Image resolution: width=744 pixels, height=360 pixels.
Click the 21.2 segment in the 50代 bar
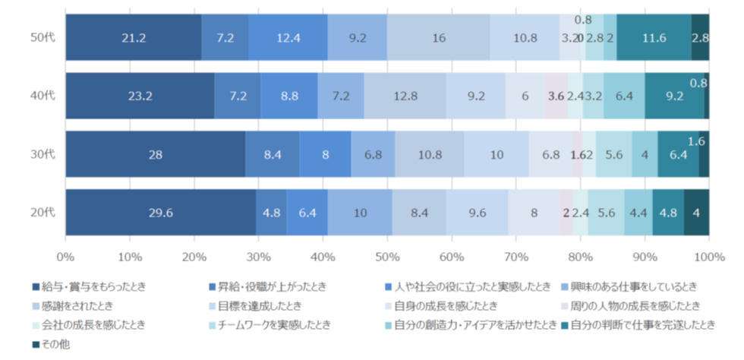coord(134,36)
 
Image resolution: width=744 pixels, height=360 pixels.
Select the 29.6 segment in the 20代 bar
coord(160,213)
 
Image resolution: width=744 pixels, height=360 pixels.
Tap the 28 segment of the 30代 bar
coord(155,154)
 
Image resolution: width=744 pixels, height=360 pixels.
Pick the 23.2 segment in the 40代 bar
coord(140,96)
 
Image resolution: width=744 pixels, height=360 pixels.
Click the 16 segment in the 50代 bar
coord(438,36)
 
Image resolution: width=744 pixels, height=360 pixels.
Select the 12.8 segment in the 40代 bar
coord(405,96)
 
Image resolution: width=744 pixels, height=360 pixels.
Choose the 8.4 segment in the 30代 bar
coord(272,154)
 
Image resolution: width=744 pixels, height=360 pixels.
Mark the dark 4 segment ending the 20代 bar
coord(696,213)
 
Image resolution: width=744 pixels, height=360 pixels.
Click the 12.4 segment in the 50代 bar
coord(288,36)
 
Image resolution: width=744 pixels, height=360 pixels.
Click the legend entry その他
coord(54,343)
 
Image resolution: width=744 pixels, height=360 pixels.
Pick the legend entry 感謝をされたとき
coord(79,305)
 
